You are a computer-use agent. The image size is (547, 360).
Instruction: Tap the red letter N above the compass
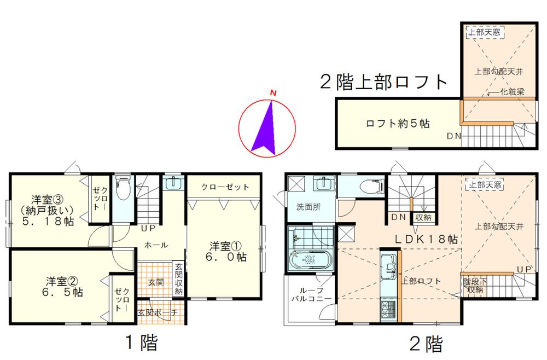coord(272,94)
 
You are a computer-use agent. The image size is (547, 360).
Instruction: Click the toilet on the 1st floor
coord(123,189)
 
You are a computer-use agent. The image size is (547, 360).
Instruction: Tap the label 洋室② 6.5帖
coord(64,287)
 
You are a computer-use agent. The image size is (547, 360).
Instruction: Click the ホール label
coord(156,245)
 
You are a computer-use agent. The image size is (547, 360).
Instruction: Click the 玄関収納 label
coord(178,280)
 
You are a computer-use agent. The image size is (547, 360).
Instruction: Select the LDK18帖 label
coord(427,239)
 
